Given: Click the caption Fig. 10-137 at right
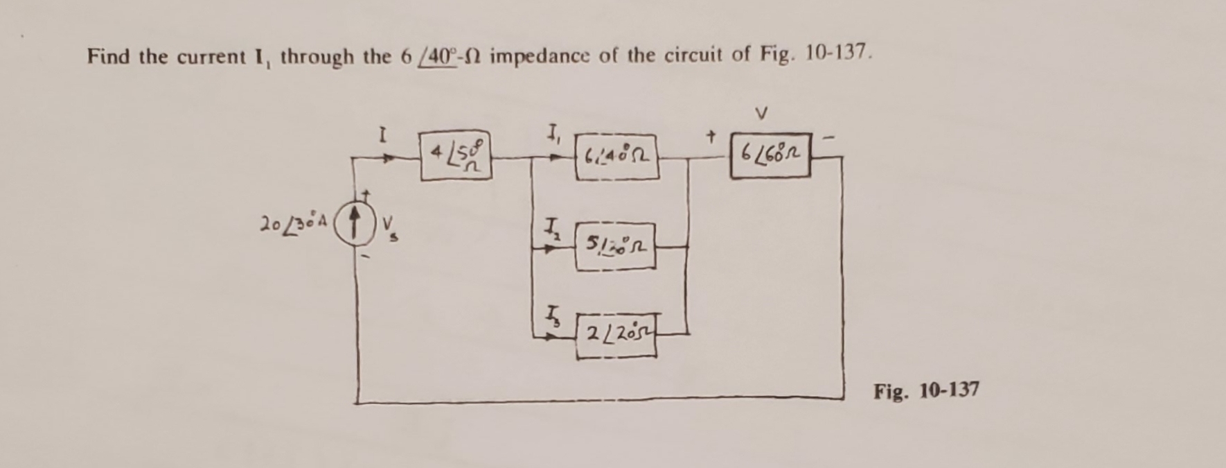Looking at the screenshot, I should pos(926,391).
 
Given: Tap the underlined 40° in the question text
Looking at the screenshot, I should pos(439,55).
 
